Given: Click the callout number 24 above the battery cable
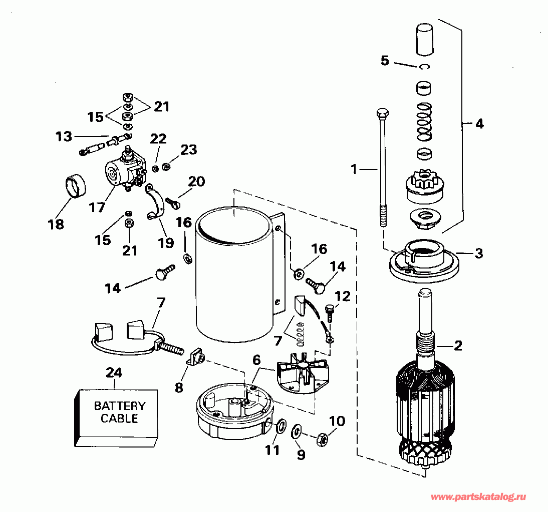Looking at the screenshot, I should [114, 373].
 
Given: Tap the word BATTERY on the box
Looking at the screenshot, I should [120, 405].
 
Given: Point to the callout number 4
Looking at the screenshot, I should [479, 123].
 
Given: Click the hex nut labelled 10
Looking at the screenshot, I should [322, 439].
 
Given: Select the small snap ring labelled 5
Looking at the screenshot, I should [425, 67].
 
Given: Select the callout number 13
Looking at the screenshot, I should [64, 136].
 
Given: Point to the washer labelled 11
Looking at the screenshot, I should [281, 426].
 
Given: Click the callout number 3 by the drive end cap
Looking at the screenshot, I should [479, 253].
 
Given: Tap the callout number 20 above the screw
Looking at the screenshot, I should [197, 181].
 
